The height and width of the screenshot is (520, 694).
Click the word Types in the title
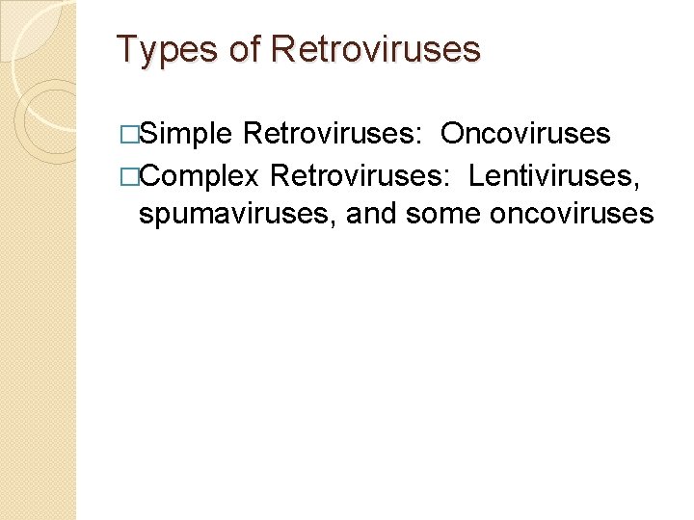pos(167,49)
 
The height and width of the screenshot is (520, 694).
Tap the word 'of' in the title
pos(245,49)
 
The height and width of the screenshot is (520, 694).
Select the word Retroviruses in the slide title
pos(376,49)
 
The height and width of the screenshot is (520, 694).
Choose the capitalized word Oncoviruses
pos(525,134)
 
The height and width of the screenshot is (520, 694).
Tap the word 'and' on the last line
pos(371,214)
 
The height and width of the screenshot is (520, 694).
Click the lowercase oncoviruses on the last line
pos(572,214)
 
